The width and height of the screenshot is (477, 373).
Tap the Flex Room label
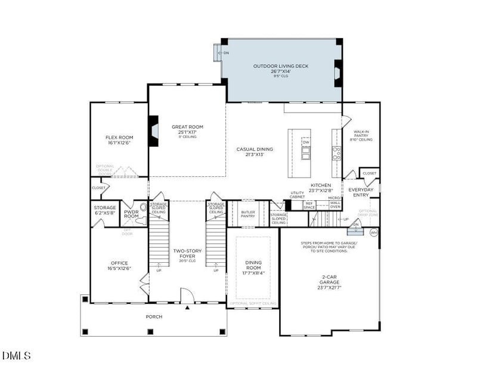pos(119,140)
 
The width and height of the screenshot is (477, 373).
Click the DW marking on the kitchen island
pos(306,142)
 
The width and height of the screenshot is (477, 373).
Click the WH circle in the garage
pos(374,232)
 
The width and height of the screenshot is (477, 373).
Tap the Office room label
pos(119,266)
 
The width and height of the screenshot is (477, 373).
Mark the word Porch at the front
pos(154,317)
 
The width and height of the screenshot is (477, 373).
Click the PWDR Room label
pos(131,214)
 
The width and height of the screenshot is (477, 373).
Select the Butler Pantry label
pos(248,214)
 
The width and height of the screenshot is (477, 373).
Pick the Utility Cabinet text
pos(297,195)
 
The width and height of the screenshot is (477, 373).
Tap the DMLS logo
pos(16,356)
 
